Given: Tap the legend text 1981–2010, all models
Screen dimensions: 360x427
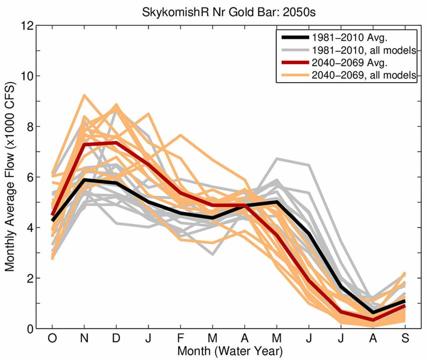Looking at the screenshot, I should pos(364,50).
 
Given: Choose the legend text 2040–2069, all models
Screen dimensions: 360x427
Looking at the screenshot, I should pos(364,75).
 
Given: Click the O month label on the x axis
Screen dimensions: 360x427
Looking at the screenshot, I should pos(52,340).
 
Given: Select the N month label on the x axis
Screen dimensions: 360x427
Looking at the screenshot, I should pos(84,340).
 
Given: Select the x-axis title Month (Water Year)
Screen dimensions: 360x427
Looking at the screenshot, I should pos(229,351).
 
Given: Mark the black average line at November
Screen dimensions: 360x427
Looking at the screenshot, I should pos(84,180).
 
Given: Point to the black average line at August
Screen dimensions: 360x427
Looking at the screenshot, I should pos(372,312).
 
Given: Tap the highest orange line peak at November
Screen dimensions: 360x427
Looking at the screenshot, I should pos(84,95).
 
